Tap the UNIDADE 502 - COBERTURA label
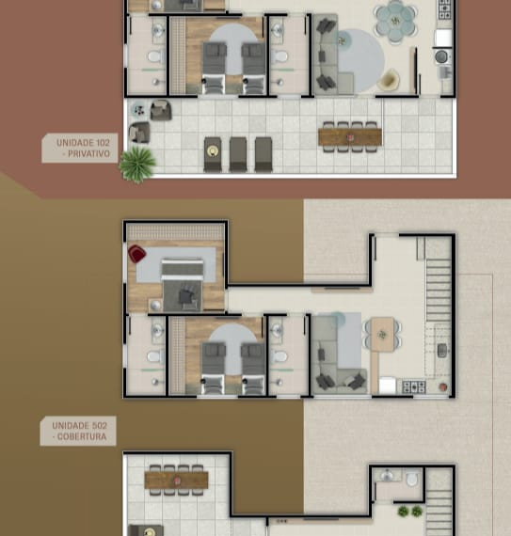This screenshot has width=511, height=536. pos(78,431)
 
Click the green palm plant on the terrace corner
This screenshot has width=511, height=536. pos(137,165)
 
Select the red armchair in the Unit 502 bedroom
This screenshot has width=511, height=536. pos(136,254)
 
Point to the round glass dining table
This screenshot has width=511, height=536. pos(395,23)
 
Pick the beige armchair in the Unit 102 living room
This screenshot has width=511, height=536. pos(390,80)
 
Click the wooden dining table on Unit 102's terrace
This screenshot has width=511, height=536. pos(350,136)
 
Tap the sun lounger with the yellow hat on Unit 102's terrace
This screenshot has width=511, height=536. pos(213,154)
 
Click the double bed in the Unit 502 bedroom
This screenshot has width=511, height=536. pos(183,284)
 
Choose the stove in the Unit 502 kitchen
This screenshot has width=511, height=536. pos(414,387)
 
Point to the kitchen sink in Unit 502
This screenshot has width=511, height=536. pos(442,351)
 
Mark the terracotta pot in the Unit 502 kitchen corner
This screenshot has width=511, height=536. pos(443,387)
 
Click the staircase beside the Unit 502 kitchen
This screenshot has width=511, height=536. pos(439,290)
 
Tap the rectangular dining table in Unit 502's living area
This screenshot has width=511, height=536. pos(382,335)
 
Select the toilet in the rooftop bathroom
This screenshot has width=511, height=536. pos(412,479)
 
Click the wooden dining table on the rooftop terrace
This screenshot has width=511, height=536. pos(177,480)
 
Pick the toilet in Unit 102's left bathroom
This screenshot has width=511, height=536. pos(155,56)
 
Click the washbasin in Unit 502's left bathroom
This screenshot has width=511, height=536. pos(157,331)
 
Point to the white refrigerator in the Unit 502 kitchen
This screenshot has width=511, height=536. pos(388,386)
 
